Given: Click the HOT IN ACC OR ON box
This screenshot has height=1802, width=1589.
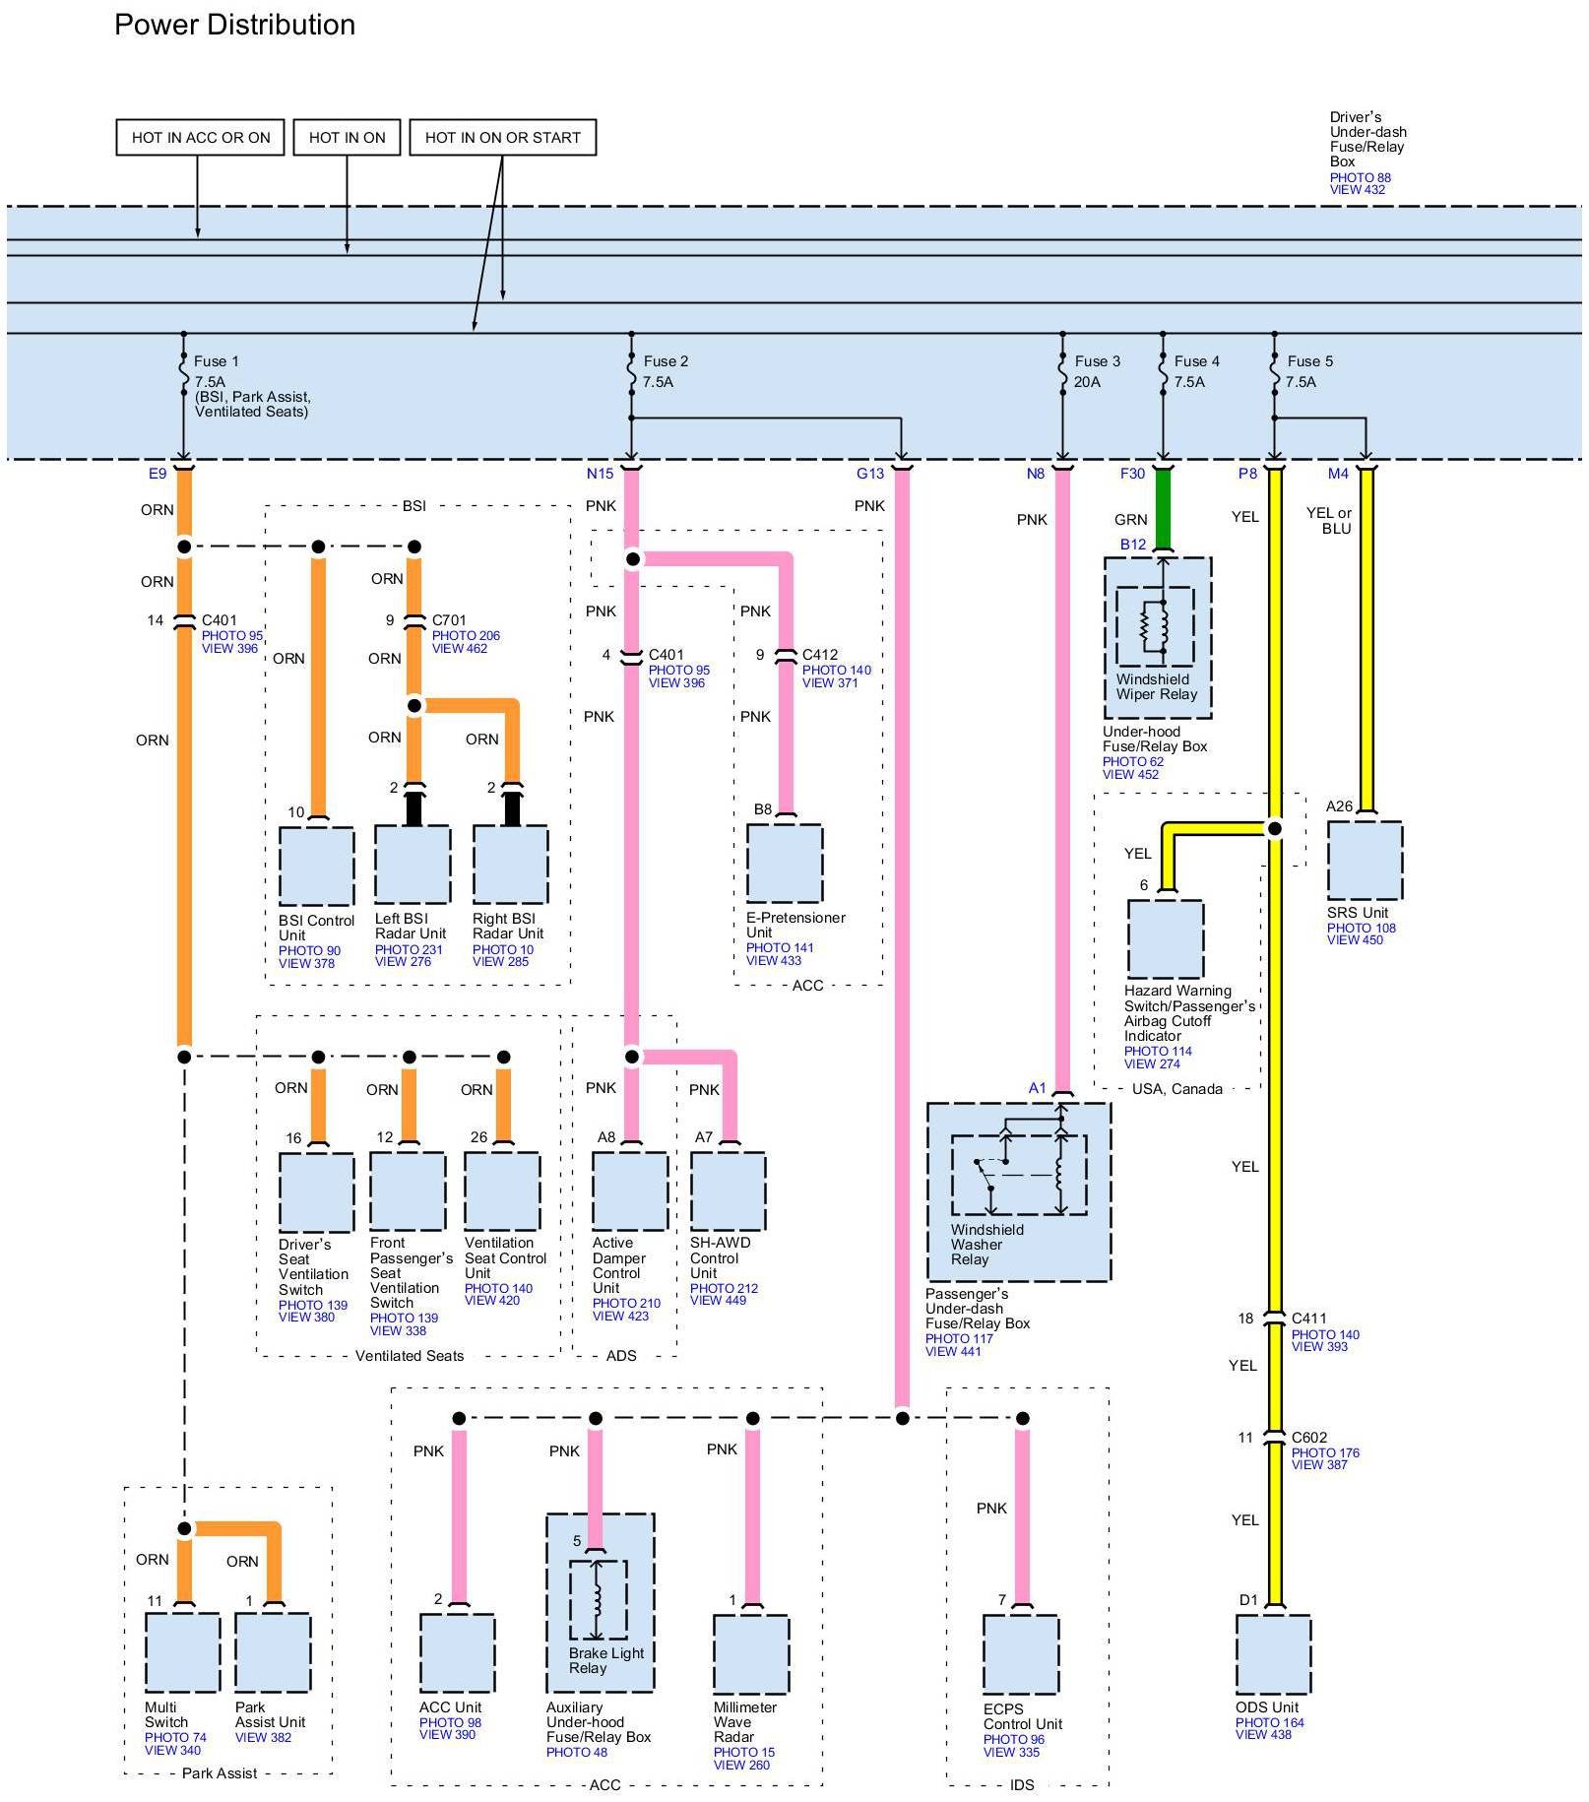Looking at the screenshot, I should click(201, 138).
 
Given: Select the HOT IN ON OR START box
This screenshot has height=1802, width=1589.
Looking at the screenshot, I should click(502, 138).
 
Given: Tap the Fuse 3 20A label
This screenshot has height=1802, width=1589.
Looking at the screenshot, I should click(1097, 371).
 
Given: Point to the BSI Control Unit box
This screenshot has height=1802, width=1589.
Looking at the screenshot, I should click(317, 866).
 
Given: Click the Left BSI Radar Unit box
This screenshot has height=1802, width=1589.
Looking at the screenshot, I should click(413, 864).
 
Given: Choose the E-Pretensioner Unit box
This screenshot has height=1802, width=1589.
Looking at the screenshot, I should click(785, 863).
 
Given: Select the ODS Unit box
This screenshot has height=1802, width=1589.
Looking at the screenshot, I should click(1273, 1654).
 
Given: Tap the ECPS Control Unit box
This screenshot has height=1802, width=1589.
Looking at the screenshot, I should click(1021, 1654).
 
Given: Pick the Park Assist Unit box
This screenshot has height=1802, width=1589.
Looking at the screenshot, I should click(273, 1653).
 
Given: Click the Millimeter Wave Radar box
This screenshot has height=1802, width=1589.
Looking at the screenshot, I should click(751, 1654).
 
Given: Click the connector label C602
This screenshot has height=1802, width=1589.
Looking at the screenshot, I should click(1309, 1438).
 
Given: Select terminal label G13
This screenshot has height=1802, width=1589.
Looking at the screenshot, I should click(870, 474).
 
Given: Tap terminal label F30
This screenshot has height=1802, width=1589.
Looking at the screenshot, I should click(1132, 474).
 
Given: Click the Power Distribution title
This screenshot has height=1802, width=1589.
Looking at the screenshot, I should click(234, 25).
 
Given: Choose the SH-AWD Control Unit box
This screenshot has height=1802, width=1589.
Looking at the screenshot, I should click(728, 1191).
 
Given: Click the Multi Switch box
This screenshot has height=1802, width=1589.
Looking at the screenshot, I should click(182, 1653).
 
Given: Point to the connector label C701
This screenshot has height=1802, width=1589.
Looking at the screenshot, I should click(449, 620).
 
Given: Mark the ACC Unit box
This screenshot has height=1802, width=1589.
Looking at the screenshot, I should click(458, 1654).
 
